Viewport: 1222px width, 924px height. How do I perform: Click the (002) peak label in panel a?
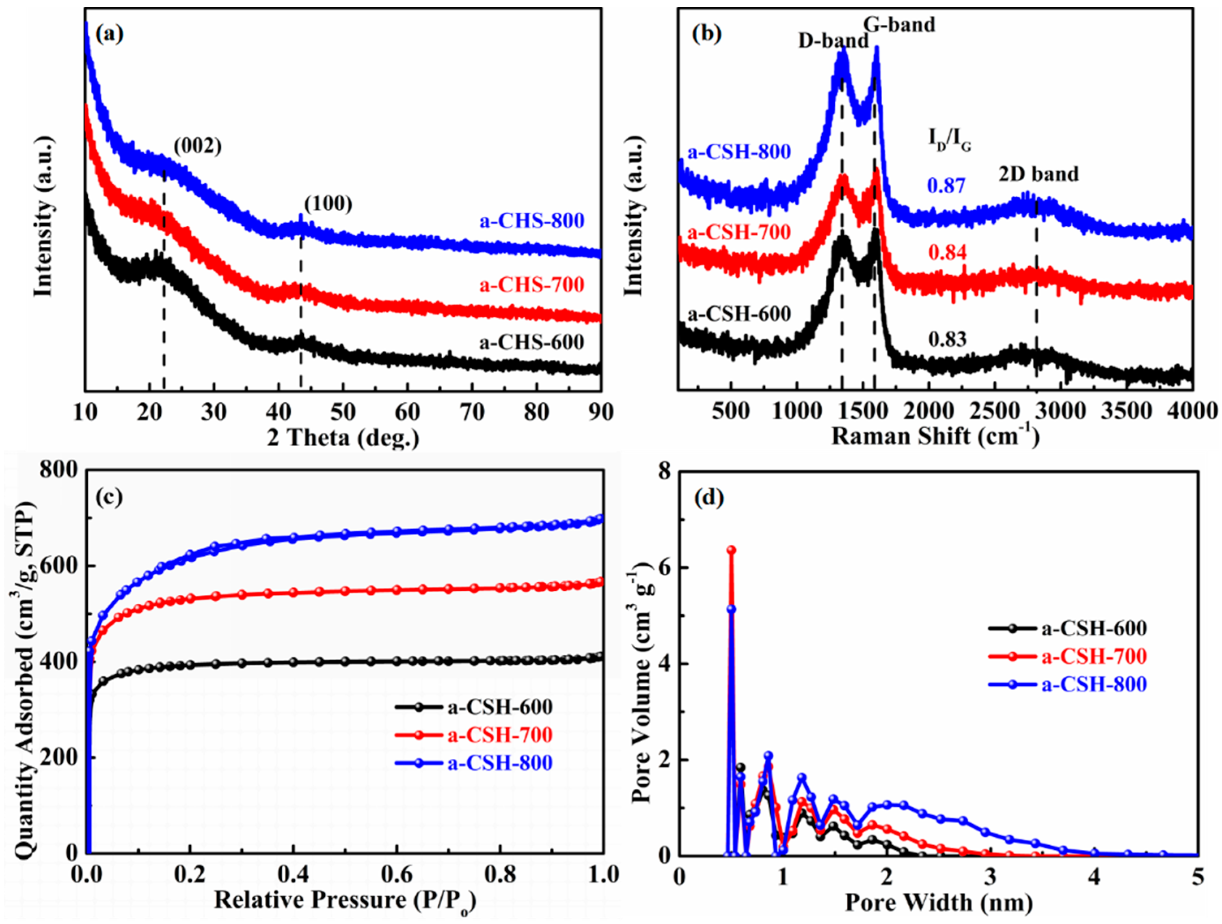point(197,147)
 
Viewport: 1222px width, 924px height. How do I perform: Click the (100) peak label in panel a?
point(328,204)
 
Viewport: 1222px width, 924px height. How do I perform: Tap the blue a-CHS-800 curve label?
point(531,221)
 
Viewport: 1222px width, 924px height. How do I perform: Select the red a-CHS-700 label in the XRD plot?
point(531,285)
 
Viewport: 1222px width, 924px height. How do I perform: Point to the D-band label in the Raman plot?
point(833,41)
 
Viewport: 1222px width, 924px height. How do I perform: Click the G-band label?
point(899,24)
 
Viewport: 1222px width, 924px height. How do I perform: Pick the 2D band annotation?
point(1038,174)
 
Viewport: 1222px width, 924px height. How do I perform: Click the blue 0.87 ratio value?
point(947,186)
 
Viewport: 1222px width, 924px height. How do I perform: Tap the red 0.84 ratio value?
point(947,253)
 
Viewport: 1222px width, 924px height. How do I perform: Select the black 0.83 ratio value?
point(947,339)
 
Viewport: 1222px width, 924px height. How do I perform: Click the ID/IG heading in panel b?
point(949,141)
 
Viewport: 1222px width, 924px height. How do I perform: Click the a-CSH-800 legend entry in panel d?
point(1094,684)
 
